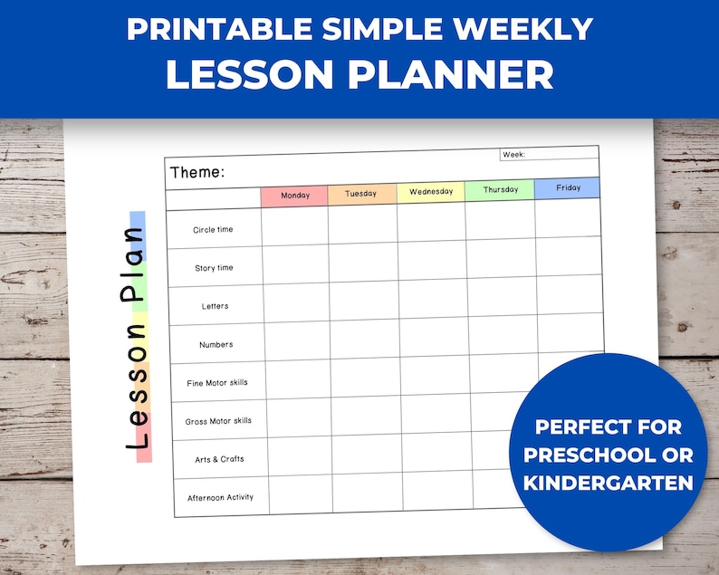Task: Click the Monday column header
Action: [x=294, y=196]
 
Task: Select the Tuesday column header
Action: [x=361, y=194]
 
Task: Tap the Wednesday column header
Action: [x=430, y=192]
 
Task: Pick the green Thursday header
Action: [x=500, y=190]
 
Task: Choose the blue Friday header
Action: [x=567, y=188]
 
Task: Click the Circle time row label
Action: [x=213, y=230]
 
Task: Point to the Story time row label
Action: [x=214, y=268]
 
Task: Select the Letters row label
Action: [x=215, y=306]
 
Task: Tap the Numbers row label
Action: [x=216, y=344]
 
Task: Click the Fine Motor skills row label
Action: [x=216, y=382]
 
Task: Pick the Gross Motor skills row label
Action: [x=218, y=421]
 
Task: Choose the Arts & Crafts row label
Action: [x=219, y=459]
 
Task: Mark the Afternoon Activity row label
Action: [x=220, y=497]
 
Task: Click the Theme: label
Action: [x=197, y=172]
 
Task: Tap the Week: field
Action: [x=549, y=154]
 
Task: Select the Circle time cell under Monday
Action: [x=295, y=226]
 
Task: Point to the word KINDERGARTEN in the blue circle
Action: [x=608, y=482]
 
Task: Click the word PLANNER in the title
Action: [x=451, y=75]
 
